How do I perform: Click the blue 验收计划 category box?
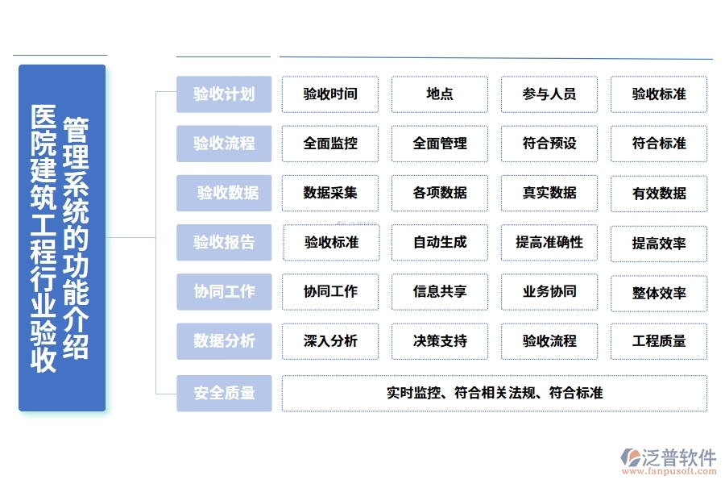pos(224,94)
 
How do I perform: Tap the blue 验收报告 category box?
pos(224,242)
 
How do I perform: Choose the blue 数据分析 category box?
pos(224,341)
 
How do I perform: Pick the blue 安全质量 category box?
pos(224,394)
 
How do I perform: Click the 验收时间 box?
pos(330,94)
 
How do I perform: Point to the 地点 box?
pos(440,94)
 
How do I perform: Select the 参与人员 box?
pos(549,94)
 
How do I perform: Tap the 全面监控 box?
pos(330,144)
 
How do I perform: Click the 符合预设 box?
pos(549,144)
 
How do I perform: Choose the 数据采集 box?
pos(330,193)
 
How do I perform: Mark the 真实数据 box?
pos(549,193)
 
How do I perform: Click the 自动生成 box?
pos(440,242)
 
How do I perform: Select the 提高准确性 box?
pos(549,242)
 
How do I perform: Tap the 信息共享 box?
pos(440,291)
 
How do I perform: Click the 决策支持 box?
pos(440,341)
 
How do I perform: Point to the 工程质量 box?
pos(659,341)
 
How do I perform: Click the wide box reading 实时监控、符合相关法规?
pos(495,394)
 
